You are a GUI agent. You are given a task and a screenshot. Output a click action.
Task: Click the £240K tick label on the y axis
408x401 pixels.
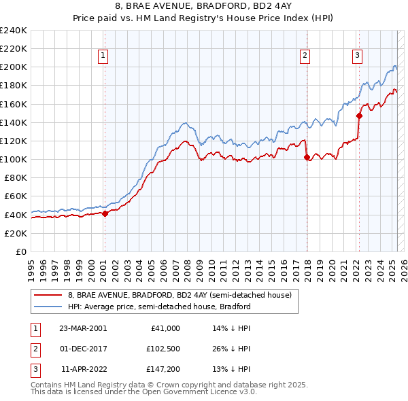[14, 31]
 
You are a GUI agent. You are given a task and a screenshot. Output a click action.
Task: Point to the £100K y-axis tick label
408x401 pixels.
[14, 159]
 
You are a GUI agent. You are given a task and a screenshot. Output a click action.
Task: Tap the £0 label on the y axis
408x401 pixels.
[20, 251]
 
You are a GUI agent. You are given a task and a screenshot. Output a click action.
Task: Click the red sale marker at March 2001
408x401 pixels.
[105, 213]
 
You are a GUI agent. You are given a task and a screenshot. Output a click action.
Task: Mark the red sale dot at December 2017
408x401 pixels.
[307, 157]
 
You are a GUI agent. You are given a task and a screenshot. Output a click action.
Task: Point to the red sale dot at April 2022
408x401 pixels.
[359, 116]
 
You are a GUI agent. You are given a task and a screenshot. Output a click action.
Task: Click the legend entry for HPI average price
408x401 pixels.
[159, 307]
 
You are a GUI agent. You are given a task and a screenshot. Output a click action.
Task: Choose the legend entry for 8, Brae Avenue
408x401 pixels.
[180, 294]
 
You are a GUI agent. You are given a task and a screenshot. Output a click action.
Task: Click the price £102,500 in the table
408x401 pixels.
[163, 349]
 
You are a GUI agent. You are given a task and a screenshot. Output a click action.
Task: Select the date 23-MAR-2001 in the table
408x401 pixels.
[83, 328]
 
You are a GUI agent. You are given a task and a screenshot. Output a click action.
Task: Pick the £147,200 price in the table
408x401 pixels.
[163, 369]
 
